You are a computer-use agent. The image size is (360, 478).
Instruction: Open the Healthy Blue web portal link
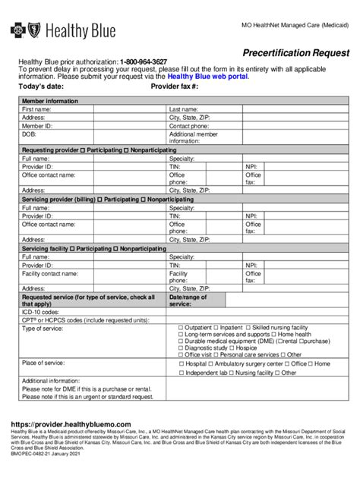click(207, 77)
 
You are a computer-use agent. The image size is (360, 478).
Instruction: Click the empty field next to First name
click(129, 109)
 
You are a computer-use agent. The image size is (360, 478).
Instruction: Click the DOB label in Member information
click(28, 134)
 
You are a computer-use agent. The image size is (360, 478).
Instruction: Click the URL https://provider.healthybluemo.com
click(71, 424)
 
